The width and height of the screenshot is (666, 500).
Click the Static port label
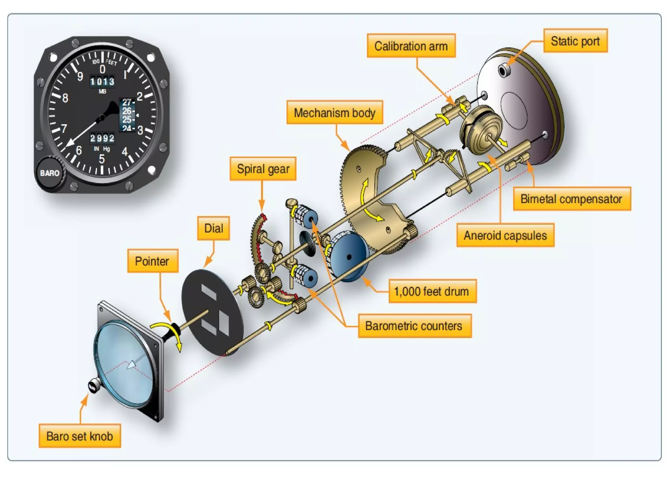click(x=575, y=41)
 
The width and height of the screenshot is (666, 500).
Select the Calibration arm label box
click(x=411, y=46)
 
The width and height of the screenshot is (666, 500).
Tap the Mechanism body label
click(x=334, y=113)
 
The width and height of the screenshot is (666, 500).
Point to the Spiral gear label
click(x=263, y=169)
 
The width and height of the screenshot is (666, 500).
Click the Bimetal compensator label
click(x=571, y=199)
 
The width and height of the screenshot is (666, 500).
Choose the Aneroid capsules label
click(x=505, y=235)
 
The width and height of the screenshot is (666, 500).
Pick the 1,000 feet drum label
click(x=432, y=291)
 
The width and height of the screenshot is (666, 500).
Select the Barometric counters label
click(x=414, y=326)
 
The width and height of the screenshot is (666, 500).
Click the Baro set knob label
click(x=80, y=436)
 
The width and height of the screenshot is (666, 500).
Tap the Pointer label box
click(x=152, y=261)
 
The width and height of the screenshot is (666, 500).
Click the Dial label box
click(x=213, y=228)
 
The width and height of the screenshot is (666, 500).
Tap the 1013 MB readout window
click(x=102, y=81)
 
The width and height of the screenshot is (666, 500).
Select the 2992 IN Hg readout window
click(x=102, y=138)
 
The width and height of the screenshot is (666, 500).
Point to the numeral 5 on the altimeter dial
click(x=102, y=159)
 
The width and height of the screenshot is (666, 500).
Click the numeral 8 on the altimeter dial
click(x=65, y=98)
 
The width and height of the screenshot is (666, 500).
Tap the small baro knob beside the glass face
click(x=94, y=387)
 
